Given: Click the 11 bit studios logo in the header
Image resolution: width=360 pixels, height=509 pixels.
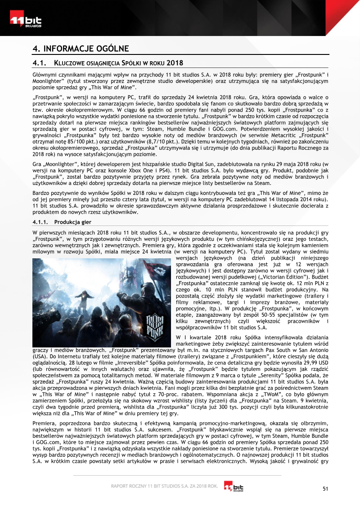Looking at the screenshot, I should [x=26, y=20].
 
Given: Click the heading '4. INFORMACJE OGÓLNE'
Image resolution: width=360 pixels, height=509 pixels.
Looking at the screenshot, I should [x=81, y=49].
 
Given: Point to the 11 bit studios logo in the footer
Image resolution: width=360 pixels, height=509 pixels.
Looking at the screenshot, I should [x=234, y=486].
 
